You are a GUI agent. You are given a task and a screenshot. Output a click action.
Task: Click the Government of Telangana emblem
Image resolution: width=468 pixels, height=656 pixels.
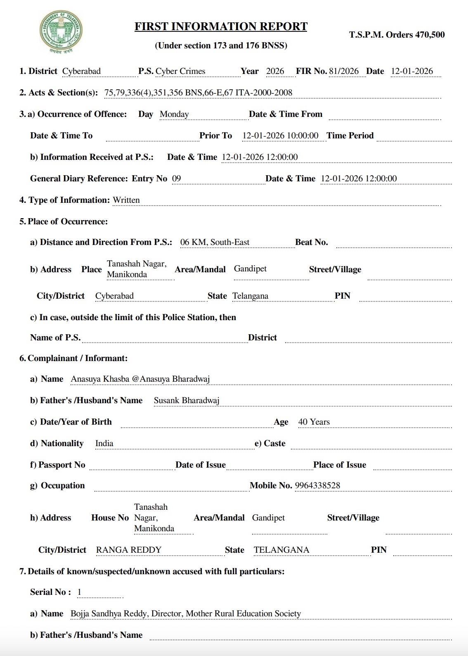[61, 33]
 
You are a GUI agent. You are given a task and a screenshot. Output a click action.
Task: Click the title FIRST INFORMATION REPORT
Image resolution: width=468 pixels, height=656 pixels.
[221, 27]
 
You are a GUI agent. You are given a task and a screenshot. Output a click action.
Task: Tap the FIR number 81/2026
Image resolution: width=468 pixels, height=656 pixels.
[344, 71]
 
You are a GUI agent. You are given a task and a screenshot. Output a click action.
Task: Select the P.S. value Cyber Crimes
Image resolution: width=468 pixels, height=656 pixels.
[180, 71]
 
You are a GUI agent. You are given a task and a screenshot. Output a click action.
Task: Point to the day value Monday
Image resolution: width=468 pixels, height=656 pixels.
[174, 114]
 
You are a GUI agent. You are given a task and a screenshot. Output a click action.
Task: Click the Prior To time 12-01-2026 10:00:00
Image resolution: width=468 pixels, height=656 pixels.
[280, 135]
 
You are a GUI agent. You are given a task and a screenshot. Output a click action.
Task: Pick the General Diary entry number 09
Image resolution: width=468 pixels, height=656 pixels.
[176, 178]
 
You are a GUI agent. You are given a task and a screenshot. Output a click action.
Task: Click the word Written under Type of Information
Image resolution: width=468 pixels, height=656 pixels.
[126, 200]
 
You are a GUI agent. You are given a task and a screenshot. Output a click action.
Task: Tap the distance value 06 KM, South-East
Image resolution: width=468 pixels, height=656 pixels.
[215, 242]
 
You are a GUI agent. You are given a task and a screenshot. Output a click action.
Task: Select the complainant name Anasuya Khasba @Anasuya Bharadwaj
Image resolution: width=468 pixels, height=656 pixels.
[140, 379]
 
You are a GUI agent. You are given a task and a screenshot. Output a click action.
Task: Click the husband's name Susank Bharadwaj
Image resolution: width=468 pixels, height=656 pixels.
[187, 400]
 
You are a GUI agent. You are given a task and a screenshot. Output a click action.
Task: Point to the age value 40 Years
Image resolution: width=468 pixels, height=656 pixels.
[314, 422]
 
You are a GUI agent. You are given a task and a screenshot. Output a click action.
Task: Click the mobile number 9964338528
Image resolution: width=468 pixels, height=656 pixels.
[317, 485]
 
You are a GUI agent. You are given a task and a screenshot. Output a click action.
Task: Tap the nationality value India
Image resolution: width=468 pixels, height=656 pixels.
[104, 443]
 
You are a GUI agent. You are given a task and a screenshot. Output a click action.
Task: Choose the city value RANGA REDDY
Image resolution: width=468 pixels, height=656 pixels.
[129, 550]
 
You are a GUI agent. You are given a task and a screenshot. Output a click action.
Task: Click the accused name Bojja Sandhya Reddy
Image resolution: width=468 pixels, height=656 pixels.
[109, 613]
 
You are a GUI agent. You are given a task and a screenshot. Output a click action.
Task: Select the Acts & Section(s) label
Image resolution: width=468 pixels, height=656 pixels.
[58, 93]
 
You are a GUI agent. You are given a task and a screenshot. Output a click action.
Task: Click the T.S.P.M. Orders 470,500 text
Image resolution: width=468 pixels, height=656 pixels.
[397, 35]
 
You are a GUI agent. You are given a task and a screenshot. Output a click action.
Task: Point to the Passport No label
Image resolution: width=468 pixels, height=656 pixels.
[57, 465]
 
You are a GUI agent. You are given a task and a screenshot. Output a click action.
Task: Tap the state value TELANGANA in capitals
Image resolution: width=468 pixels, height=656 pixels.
[281, 550]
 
